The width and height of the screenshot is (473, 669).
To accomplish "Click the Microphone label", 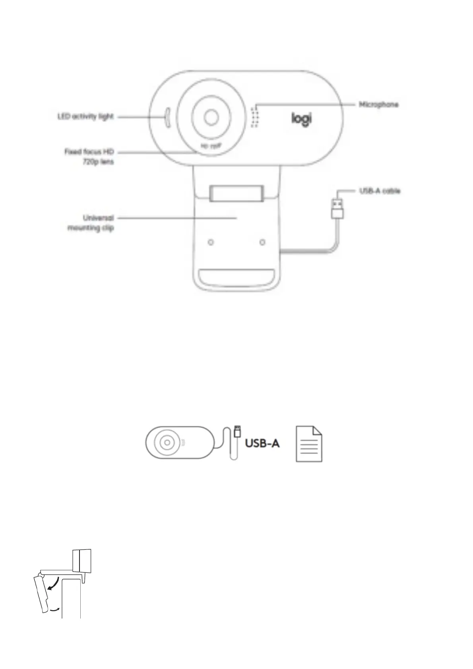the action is point(378,104).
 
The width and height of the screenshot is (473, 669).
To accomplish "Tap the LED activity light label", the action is point(85,117).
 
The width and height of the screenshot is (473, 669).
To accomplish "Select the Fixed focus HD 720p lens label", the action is point(89,157).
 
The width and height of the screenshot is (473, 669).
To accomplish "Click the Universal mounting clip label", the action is point(91,223).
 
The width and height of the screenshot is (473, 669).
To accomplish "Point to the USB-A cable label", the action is point(380,191).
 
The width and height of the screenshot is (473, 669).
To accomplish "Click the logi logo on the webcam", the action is point(302,119).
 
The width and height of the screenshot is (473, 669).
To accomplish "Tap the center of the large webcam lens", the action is point(211,117).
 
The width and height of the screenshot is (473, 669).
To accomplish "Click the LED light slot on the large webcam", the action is point(167,118).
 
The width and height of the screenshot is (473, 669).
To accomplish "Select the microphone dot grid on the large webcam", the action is point(254,117).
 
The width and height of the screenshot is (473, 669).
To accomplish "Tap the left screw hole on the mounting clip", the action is point(211,242).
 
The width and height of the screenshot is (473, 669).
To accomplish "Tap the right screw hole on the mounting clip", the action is point(262,242).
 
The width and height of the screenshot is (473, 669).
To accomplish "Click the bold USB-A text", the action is point(262,443).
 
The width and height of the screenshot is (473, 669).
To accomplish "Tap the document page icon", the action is point(309,444).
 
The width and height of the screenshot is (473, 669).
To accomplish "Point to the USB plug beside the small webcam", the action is point(238,431).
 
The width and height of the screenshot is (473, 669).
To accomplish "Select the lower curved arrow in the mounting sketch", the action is point(54,609).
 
